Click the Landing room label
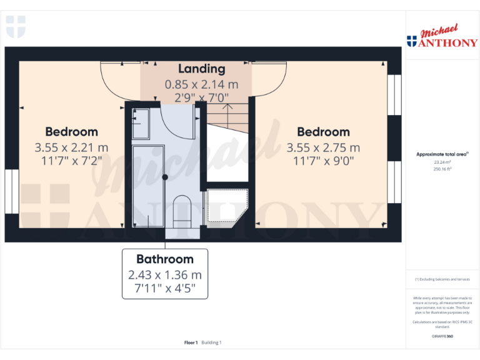pyautogui.click(x=201, y=69)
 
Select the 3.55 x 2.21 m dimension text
pyautogui.click(x=71, y=148)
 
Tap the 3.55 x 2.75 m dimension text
pyautogui.click(x=323, y=148)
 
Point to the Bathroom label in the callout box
pyautogui.click(x=165, y=259)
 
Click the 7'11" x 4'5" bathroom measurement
pyautogui.click(x=165, y=288)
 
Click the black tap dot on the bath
pyautogui.click(x=165, y=177)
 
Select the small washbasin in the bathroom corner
pyautogui.click(x=141, y=123)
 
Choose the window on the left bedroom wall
pyautogui.click(x=12, y=190)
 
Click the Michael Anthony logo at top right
pyautogui.click(x=442, y=37)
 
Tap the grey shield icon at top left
pyautogui.click(x=16, y=27)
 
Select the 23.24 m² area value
pyautogui.click(x=442, y=162)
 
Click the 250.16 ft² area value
pyautogui.click(x=442, y=169)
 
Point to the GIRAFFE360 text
pyautogui.click(x=442, y=337)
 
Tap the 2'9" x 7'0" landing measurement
pyautogui.click(x=201, y=97)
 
